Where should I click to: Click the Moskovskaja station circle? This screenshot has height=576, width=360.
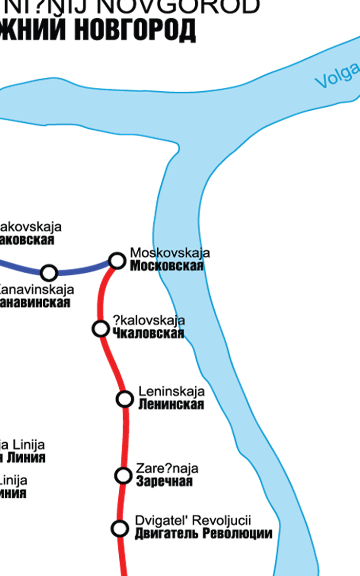117,260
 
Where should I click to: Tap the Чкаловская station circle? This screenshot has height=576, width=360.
100,329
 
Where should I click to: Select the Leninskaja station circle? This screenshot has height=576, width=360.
125,399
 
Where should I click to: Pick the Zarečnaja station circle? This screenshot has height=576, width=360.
123,475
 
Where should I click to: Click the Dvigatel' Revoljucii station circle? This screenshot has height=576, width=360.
120,528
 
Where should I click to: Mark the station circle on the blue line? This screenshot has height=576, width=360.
49,272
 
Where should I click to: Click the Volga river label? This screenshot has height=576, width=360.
337,76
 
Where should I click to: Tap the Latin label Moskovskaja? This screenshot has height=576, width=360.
170,253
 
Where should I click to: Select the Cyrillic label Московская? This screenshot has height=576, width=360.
166,266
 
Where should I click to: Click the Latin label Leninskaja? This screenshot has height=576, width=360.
171,391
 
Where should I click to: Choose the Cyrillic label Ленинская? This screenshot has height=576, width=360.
171,404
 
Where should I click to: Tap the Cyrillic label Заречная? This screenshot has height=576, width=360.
164,481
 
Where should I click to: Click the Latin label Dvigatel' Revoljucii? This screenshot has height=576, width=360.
193,521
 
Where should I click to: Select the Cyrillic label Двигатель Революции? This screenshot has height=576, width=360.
203,534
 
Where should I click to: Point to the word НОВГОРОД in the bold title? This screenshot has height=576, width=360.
135,30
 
